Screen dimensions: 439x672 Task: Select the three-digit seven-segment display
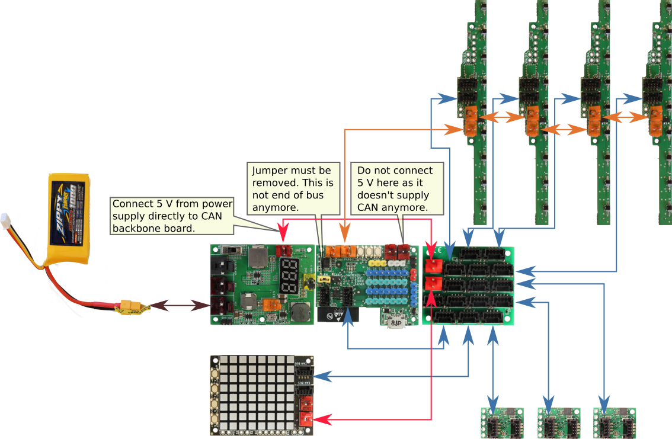(x=289, y=275)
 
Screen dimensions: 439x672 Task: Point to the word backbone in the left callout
(x=140, y=228)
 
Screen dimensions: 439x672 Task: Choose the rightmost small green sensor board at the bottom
(x=613, y=422)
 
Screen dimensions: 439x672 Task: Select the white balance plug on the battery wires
(x=7, y=219)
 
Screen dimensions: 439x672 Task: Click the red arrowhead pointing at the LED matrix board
(x=319, y=419)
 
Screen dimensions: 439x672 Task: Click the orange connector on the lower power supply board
(x=271, y=306)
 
